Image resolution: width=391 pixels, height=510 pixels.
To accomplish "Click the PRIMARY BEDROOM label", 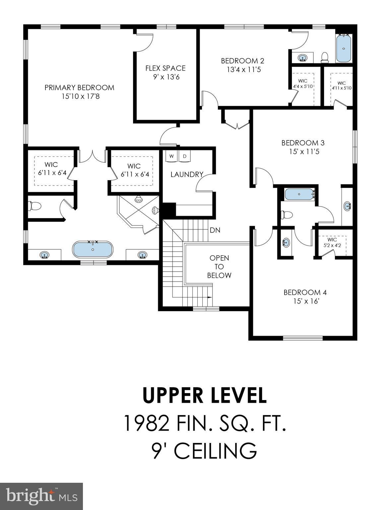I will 79,88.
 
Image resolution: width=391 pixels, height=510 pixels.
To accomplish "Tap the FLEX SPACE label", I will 165,68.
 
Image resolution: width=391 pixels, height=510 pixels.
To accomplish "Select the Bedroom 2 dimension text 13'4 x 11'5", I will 242,70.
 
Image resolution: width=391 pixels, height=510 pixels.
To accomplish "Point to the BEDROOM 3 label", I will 303,143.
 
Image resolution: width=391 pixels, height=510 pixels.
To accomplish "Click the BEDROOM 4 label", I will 305,293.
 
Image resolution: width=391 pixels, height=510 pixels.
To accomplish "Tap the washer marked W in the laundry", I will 171,156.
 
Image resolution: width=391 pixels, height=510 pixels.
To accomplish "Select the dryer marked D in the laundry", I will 185,156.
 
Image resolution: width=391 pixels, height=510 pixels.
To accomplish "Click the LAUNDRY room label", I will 187,175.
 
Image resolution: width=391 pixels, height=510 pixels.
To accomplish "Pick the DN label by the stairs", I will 215,230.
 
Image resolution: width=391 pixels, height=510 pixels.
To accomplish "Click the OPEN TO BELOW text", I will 219,267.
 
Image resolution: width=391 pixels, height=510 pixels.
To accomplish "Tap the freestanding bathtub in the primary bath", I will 93,249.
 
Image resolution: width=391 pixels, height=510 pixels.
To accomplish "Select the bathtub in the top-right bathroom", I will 344,49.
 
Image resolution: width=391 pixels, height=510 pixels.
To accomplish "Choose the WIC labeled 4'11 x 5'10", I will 341,86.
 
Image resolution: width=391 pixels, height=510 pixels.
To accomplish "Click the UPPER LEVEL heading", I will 204,395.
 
